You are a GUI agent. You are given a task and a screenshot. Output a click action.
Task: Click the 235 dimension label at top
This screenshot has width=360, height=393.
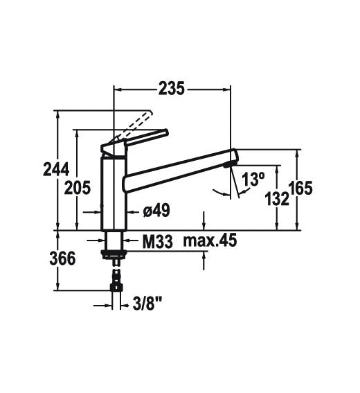click(172, 89)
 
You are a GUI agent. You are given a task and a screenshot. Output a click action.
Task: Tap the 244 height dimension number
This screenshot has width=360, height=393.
click(56, 169)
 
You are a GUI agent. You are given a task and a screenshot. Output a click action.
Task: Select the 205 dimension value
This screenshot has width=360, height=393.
click(77, 188)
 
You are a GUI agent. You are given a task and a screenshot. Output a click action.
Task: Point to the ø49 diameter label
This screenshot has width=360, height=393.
click(156, 210)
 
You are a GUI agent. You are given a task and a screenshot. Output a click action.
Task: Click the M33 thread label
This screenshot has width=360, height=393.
click(158, 242)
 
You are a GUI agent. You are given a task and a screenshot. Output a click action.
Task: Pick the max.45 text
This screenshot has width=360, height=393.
click(210, 241)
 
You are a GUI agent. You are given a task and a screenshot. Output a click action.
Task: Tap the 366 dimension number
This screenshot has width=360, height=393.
click(62, 259)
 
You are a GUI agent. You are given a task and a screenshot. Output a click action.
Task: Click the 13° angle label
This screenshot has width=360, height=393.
click(253, 179)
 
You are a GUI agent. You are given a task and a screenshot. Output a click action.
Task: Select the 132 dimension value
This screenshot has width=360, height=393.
click(277, 199)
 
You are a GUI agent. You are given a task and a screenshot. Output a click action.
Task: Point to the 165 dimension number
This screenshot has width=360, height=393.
click(300, 188)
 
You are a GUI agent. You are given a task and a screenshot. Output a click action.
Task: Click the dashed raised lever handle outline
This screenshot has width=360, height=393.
click(134, 126)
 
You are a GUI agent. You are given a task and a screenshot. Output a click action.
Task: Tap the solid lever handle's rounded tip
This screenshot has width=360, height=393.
click(165, 132)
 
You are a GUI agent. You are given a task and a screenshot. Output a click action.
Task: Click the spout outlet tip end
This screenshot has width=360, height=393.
click(235, 157)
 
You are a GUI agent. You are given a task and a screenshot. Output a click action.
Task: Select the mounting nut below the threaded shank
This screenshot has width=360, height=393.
click(114, 254)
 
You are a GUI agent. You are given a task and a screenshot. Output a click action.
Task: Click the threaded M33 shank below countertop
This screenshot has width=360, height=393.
click(114, 241)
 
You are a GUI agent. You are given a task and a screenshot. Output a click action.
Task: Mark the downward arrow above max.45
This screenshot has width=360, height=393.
click(204, 220)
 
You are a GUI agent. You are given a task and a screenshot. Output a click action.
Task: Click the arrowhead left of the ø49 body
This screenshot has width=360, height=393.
click(98, 212)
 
